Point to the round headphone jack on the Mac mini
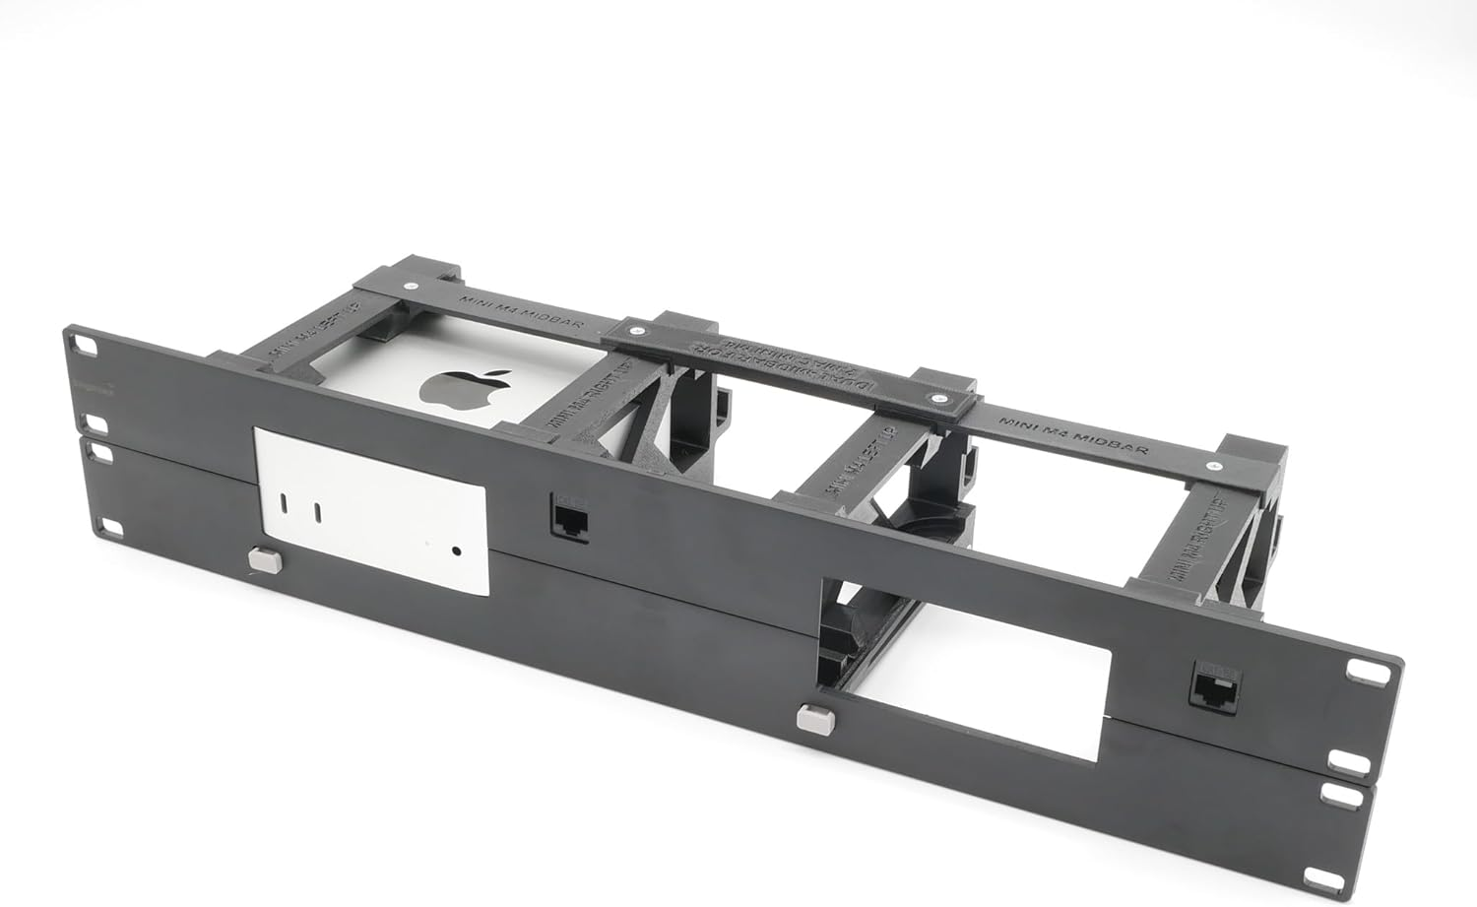point(456,551)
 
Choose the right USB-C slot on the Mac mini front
point(318,512)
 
